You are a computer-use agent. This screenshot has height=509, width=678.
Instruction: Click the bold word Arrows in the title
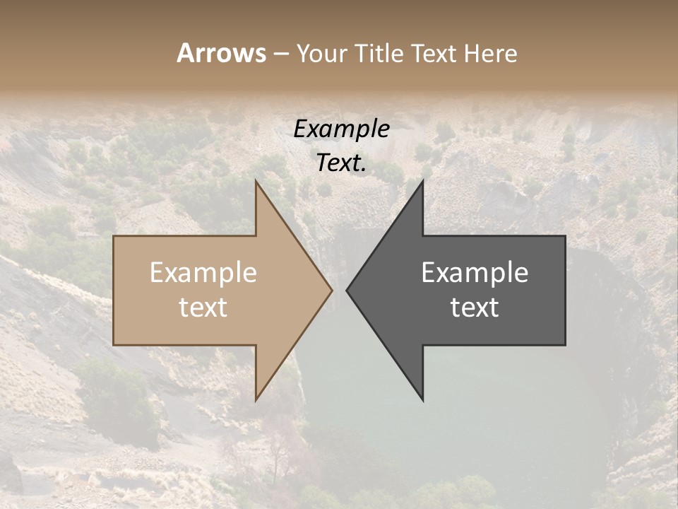point(221,53)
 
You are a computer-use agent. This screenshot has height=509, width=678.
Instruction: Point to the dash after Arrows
point(280,54)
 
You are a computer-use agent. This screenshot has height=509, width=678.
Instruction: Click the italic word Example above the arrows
point(341,129)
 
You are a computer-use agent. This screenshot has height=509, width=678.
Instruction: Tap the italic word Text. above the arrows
point(341,163)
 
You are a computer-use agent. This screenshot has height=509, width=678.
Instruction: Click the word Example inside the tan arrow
point(203,273)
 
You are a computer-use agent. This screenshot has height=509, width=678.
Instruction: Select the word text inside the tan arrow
point(203,308)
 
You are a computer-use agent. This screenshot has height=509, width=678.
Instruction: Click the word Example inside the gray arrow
point(475,273)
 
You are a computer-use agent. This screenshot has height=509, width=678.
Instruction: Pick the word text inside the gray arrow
point(475,308)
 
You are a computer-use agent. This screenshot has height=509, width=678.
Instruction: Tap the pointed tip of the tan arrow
point(332,290)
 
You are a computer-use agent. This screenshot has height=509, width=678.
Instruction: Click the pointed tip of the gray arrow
point(347,290)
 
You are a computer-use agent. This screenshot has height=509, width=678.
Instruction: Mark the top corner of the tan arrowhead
point(256,181)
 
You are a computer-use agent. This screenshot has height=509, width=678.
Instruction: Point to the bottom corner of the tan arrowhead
point(256,400)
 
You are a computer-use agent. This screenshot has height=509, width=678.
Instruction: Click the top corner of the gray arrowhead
point(422,181)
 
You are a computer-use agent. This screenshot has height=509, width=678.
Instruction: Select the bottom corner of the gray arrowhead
point(422,400)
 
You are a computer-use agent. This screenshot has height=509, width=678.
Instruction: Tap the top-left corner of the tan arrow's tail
point(114,236)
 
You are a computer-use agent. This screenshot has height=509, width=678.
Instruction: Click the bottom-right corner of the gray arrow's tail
point(565,345)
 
